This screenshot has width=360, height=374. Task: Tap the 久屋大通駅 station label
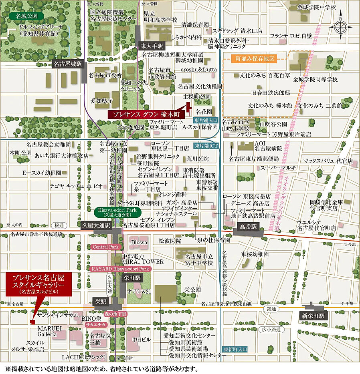coord(96,225)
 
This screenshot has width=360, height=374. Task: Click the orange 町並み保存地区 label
coord(255,59)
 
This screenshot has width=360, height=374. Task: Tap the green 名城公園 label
coord(26,16)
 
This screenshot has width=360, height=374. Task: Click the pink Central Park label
coord(106,247)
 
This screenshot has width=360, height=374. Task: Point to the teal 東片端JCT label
coord(206,146)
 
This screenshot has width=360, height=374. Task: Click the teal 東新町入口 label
coord(235,349)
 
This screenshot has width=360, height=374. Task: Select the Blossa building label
coord(139,242)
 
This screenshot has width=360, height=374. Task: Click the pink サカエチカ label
coord(96,325)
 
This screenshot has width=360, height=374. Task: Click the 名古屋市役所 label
coord(105,75)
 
